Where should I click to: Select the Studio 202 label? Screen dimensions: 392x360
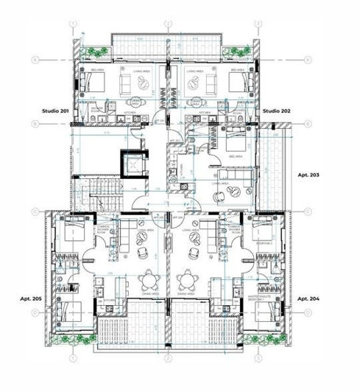(278, 110)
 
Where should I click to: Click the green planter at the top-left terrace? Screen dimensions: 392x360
(91, 51)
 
